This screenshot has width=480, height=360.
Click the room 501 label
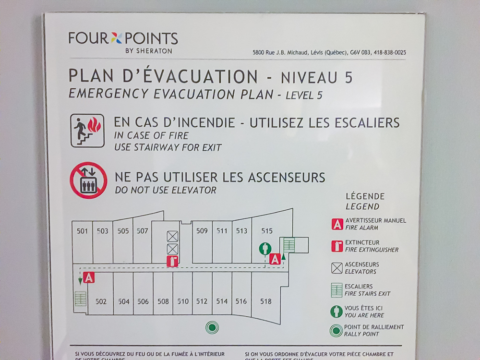click(83, 231)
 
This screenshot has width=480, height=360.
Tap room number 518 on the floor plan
click(265, 301)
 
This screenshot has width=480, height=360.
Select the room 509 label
click(202, 231)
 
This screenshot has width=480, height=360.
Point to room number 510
click(183, 301)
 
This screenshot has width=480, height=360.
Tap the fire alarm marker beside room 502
click(88, 277)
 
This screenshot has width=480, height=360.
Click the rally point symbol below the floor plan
click(212, 327)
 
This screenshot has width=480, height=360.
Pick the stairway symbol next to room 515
click(288, 245)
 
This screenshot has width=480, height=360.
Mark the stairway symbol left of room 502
click(80, 300)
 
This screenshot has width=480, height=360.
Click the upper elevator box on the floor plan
click(172, 236)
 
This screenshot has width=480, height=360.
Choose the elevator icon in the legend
click(337, 268)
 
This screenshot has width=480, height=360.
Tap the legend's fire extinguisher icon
click(337, 246)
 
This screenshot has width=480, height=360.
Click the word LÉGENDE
click(365, 196)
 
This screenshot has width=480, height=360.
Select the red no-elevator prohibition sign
click(88, 180)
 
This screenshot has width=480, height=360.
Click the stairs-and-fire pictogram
click(87, 131)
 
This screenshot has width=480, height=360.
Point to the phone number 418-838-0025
click(390, 53)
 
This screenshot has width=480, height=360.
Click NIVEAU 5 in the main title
click(316, 77)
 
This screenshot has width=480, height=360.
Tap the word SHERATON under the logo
click(156, 51)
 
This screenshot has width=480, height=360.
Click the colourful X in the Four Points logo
click(117, 38)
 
